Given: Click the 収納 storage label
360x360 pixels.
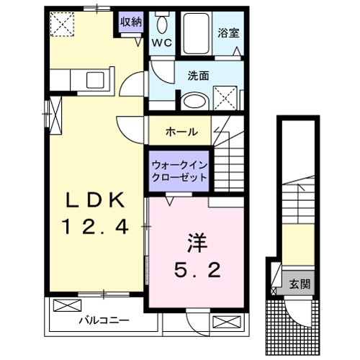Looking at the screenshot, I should [x=130, y=22].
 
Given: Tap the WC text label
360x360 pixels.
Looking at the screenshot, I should [x=161, y=41].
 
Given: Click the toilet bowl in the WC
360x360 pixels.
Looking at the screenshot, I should [x=161, y=24].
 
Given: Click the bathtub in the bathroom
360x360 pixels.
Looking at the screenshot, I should [x=195, y=32].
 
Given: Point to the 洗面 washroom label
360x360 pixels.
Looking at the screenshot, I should [x=199, y=75].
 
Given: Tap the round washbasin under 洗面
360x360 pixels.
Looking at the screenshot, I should [x=192, y=101].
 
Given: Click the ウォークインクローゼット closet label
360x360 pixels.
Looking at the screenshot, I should [x=179, y=171].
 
